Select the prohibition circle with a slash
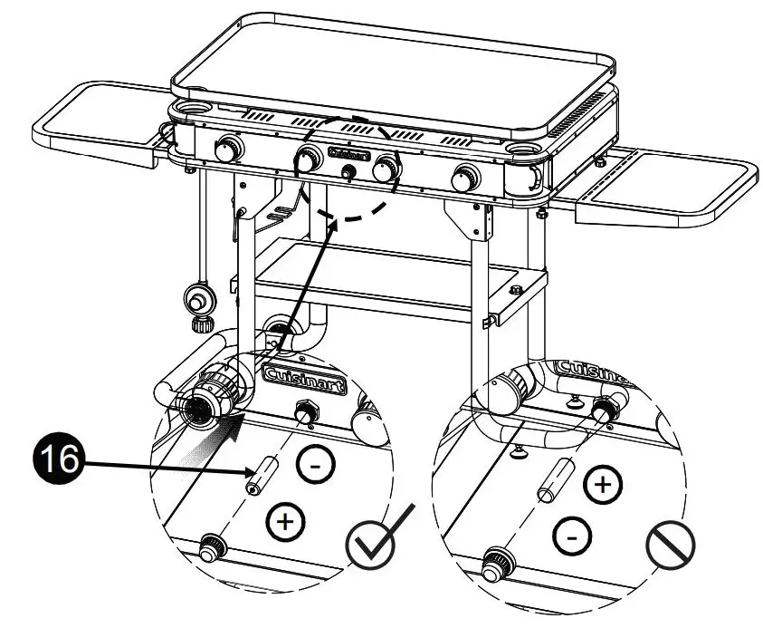[x=670, y=546]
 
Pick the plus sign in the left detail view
[x=286, y=523]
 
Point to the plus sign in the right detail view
[x=602, y=485]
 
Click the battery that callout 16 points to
[x=262, y=474]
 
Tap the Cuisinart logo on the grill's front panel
[x=348, y=154]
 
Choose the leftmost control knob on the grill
[x=226, y=149]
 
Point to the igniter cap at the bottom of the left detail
[x=213, y=549]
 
